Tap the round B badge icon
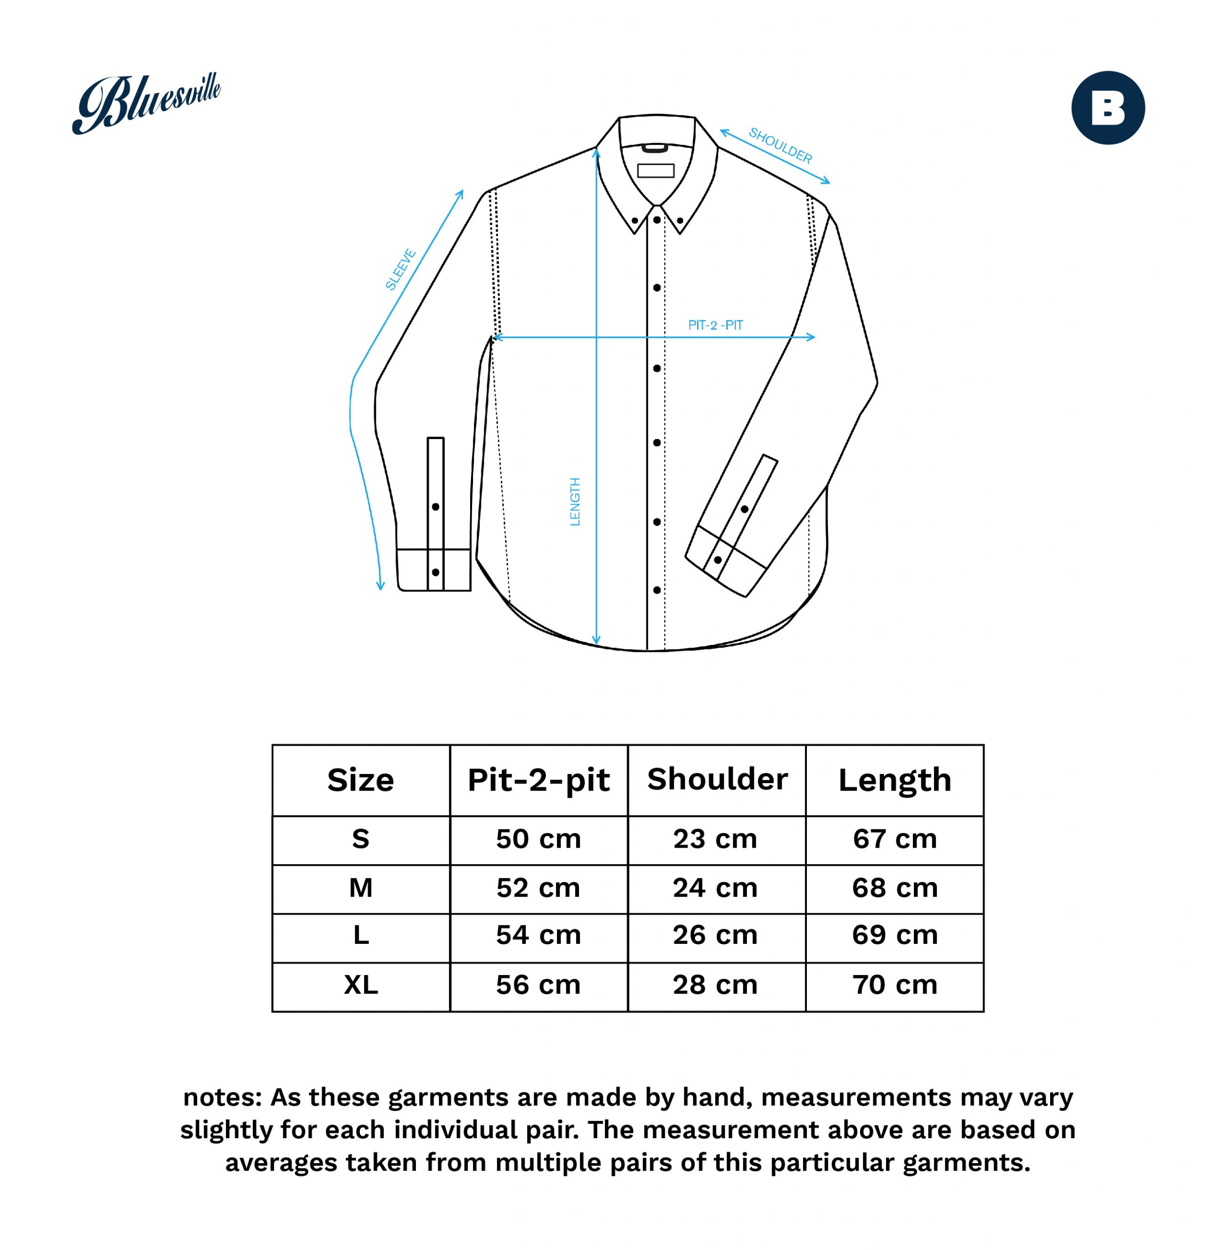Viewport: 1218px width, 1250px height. click(1108, 107)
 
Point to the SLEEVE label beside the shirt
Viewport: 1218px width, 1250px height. click(400, 270)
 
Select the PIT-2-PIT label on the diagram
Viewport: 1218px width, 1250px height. click(715, 325)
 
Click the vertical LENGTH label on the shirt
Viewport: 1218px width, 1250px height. click(575, 501)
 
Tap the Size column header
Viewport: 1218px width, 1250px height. click(361, 780)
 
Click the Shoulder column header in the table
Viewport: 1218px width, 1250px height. click(717, 779)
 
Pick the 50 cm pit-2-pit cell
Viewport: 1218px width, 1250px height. click(538, 839)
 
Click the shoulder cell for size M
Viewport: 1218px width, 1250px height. click(715, 888)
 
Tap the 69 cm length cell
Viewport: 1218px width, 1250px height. click(895, 935)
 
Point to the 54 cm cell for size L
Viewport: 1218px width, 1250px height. click(538, 935)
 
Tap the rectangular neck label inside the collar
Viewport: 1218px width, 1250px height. click(656, 170)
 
